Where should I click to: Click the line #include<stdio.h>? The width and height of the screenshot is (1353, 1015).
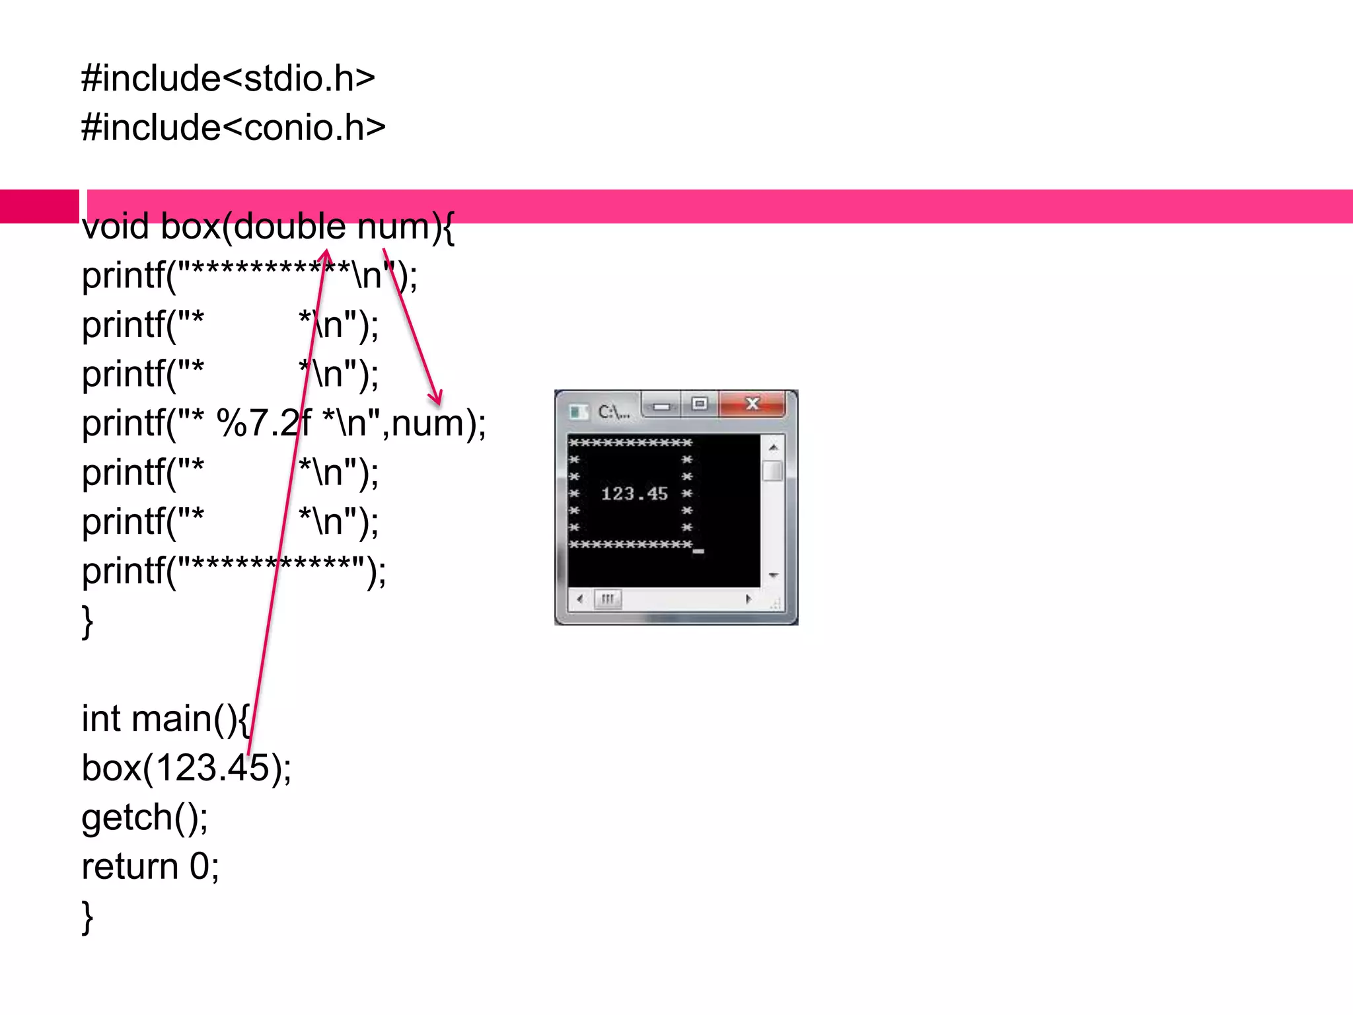pos(228,79)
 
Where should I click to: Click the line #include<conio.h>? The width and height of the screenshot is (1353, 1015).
pos(233,128)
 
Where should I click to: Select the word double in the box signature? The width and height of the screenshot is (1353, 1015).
pos(289,227)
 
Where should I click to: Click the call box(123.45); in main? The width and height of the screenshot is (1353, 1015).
pos(186,769)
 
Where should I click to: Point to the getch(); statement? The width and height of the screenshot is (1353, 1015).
pos(145,818)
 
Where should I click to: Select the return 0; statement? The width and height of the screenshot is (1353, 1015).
pos(150,867)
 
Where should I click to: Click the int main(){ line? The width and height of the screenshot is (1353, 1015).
pos(165,719)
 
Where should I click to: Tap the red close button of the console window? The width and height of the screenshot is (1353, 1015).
pos(752,403)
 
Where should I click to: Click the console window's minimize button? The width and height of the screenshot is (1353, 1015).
pos(661,405)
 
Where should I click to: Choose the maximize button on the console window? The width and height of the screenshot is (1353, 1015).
pos(700,403)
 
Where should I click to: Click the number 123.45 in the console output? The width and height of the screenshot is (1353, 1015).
pos(634,494)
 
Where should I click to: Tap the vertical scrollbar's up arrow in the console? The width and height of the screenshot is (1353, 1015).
pos(773,447)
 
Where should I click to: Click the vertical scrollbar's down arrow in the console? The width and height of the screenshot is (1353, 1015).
pos(773,576)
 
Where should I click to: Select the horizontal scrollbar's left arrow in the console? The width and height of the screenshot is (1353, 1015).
pos(579,599)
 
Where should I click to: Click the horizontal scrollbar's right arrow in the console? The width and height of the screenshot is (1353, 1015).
pos(748,599)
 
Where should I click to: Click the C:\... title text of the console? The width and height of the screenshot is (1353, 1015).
pos(613,412)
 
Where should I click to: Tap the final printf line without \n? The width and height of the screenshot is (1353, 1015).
pos(233,571)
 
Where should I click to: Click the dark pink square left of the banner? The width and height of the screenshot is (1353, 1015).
pos(39,206)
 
